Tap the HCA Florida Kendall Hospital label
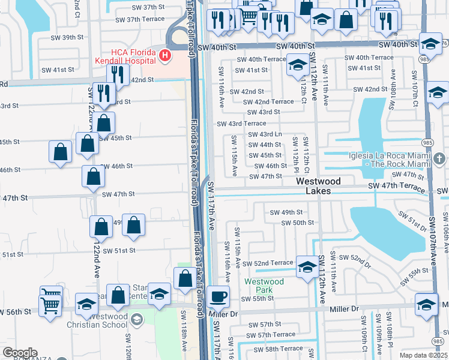[126, 56]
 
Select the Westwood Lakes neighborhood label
[318, 185]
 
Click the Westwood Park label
[264, 286]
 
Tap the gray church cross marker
[440, 158]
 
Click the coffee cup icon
[218, 295]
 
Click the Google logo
[20, 353]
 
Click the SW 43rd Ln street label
[265, 134]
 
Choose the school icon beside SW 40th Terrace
[298, 65]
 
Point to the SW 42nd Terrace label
[268, 102]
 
